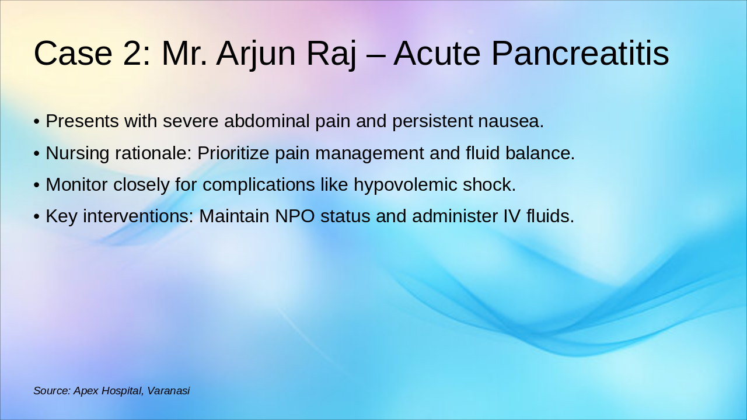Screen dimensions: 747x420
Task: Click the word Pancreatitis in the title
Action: tap(580, 53)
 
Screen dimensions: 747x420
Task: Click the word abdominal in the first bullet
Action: tap(267, 121)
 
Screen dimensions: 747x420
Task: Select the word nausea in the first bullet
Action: tap(511, 121)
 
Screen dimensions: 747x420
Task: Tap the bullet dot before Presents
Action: tap(37, 122)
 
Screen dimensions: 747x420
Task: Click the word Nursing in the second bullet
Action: tap(78, 153)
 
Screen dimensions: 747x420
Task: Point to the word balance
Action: tap(540, 153)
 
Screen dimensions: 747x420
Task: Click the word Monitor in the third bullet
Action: tap(76, 185)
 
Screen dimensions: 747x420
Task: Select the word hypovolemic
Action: tap(405, 185)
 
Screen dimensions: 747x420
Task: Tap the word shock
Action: tap(489, 185)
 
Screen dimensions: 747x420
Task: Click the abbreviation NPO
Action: tap(295, 216)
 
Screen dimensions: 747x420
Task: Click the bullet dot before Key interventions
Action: tap(37, 216)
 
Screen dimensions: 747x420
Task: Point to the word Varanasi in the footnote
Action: tap(169, 391)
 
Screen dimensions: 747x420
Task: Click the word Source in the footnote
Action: tap(53, 391)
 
